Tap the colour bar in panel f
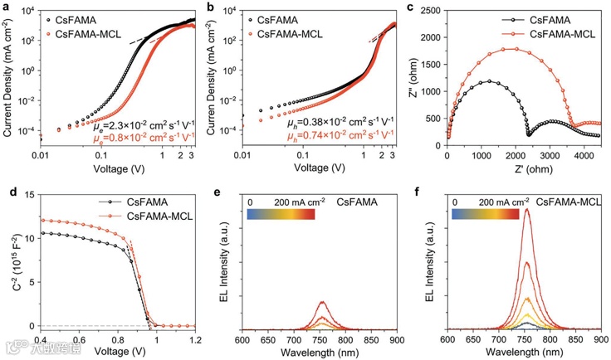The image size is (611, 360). (484, 213)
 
